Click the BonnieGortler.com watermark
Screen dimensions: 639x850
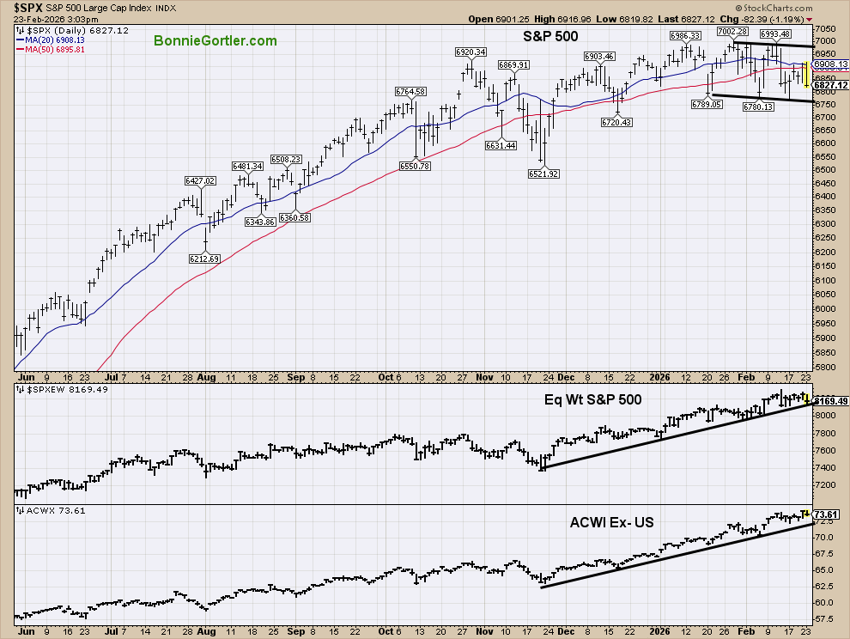point(216,41)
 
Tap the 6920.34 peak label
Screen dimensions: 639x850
point(469,52)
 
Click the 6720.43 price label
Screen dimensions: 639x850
point(617,123)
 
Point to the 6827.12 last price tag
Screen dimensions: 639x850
point(831,86)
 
